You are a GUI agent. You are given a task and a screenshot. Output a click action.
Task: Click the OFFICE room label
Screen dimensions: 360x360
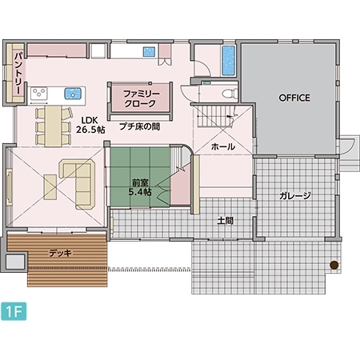coord(294,98)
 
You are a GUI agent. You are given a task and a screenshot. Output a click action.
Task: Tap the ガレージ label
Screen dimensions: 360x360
coord(295,196)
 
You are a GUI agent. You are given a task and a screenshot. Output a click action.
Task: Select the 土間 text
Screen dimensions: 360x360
coord(226,221)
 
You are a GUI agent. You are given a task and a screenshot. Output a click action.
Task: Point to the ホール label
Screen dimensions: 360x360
coord(223,146)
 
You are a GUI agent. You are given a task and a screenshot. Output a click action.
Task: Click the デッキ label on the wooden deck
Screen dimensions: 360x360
coord(60,253)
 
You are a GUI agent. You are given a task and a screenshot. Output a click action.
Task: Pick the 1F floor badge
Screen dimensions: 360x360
coord(14,311)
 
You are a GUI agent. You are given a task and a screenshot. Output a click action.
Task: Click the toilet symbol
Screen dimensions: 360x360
coord(230,94)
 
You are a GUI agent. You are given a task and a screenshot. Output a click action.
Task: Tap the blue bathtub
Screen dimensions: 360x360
coord(229,61)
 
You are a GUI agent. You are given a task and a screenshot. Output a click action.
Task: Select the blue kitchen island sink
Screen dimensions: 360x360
coord(73,94)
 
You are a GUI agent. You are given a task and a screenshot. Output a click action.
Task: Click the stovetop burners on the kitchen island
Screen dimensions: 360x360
coord(39,94)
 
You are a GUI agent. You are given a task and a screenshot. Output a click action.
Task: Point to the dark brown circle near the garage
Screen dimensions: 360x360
coord(334,265)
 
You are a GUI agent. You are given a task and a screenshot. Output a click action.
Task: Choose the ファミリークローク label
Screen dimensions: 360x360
coord(140,98)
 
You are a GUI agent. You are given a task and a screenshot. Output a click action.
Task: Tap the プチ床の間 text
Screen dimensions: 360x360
coord(140,126)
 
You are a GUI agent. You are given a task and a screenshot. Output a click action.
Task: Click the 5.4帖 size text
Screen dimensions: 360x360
coord(140,192)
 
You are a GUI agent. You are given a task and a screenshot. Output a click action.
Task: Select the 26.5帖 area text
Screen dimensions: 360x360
coord(90,130)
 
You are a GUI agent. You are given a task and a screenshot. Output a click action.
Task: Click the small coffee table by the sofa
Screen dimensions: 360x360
coord(50,187)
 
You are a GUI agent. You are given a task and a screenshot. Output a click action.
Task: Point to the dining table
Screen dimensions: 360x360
coord(54,126)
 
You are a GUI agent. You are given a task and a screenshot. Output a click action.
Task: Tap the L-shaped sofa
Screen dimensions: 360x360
coord(78,184)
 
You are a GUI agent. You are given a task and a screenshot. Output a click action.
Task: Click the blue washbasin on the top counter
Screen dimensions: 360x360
coord(149,51)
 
